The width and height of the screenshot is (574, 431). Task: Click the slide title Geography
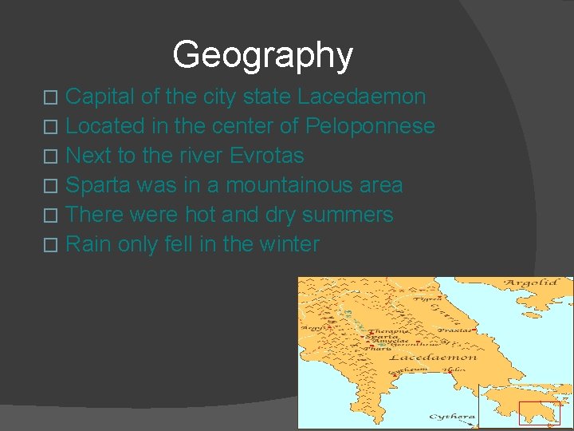pos(262,55)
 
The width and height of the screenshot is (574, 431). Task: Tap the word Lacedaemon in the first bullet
pos(361,97)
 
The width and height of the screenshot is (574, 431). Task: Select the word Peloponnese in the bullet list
pos(370,126)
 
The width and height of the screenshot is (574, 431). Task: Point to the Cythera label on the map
pos(452,417)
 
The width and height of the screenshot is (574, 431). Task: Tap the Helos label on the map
pos(454,370)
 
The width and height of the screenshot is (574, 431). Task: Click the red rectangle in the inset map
pos(540,413)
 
